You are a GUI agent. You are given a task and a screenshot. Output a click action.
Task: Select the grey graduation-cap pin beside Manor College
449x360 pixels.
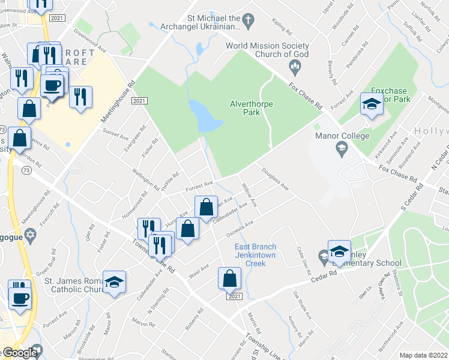pyautogui.click(x=342, y=148)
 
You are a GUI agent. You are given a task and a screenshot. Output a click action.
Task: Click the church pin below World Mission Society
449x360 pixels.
pyautogui.click(x=294, y=64)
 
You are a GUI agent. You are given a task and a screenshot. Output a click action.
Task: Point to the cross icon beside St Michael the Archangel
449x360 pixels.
pyautogui.click(x=247, y=21)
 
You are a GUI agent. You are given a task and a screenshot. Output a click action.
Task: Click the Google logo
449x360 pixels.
pyautogui.click(x=19, y=353)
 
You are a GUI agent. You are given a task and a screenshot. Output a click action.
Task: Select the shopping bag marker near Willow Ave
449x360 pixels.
pyautogui.click(x=206, y=208)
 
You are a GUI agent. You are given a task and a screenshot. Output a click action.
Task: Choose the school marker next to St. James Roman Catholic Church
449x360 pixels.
pyautogui.click(x=113, y=282)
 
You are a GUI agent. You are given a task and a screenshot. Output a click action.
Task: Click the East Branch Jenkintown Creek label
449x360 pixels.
pyautogui.click(x=256, y=255)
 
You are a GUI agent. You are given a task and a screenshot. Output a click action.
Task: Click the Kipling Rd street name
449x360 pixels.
pyautogui.click(x=282, y=27)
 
